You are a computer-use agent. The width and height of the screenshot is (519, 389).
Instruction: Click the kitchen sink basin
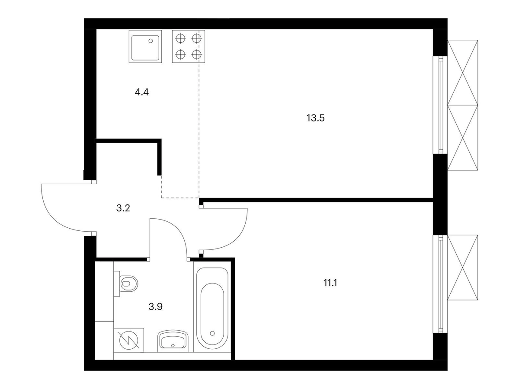tap(145, 47)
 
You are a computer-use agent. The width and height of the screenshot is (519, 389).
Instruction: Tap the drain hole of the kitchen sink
tap(151, 41)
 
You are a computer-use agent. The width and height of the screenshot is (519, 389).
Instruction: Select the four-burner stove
tap(189, 47)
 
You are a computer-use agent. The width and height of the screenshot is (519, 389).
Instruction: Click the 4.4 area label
tap(141, 92)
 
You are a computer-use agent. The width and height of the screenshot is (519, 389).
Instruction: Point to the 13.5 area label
tap(315, 118)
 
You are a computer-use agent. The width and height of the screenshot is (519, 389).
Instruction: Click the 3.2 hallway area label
tap(123, 208)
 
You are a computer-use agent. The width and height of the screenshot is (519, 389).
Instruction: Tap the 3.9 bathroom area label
tap(155, 307)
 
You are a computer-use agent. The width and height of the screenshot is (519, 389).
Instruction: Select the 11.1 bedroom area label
tap(330, 283)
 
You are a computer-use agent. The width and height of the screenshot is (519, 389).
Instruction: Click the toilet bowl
tap(129, 284)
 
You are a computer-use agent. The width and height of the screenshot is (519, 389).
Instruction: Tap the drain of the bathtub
tap(212, 333)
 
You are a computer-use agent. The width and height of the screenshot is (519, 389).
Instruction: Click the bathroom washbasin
tap(173, 339)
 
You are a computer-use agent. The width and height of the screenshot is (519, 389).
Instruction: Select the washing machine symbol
tap(128, 340)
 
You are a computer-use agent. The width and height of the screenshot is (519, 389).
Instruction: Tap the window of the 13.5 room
tap(440, 105)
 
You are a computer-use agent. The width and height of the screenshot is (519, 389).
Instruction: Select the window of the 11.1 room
tap(440, 284)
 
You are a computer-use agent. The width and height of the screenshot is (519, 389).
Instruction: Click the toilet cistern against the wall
tap(117, 284)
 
